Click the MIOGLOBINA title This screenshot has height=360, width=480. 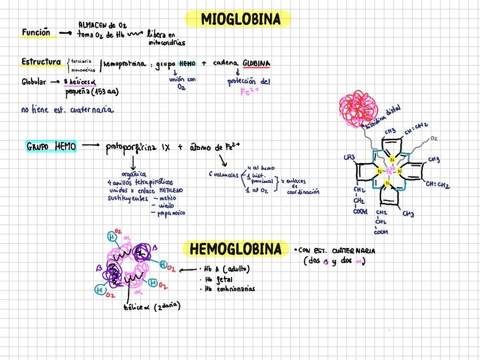coord(241,20)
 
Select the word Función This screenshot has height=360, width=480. coord(36,33)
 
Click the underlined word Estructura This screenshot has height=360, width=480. coord(41,62)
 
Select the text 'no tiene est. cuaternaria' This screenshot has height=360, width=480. coord(67,110)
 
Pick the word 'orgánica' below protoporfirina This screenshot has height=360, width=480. coord(134,174)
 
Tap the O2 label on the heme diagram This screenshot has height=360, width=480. coord(434,138)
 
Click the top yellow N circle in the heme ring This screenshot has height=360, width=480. coord(392,160)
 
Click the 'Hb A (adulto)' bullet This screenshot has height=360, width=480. coord(226,269)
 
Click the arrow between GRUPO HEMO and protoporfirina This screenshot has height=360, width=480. coord(89,146)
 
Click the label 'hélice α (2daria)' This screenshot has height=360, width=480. coord(151,307)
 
